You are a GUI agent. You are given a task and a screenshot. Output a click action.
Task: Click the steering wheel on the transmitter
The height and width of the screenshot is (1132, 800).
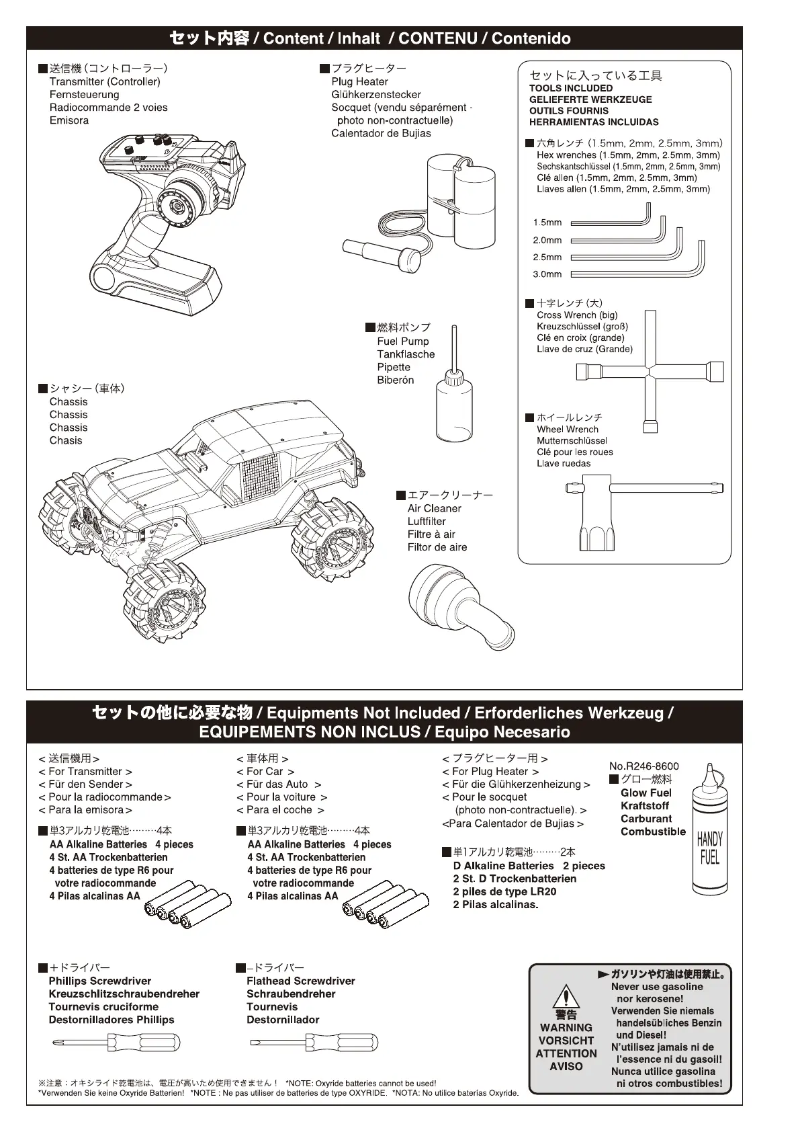tap(183, 202)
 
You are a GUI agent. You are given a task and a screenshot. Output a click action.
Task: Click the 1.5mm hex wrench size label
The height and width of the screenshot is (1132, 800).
tap(547, 223)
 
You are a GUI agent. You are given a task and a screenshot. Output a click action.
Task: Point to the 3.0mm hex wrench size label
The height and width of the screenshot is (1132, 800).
tap(547, 274)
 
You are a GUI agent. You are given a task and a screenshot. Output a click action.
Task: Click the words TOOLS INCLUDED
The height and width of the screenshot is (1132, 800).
tap(571, 88)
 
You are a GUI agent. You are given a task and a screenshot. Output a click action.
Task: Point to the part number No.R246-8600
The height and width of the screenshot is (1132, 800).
tap(644, 766)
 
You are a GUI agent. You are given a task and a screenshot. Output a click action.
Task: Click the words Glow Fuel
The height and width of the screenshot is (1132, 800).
tap(646, 793)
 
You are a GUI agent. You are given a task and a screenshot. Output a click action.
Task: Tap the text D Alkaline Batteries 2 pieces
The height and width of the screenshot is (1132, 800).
tap(529, 866)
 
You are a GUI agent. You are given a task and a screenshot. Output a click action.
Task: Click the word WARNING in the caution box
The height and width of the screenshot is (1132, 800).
tap(566, 1028)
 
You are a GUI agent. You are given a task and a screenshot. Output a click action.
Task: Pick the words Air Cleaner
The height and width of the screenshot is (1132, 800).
tap(435, 509)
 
